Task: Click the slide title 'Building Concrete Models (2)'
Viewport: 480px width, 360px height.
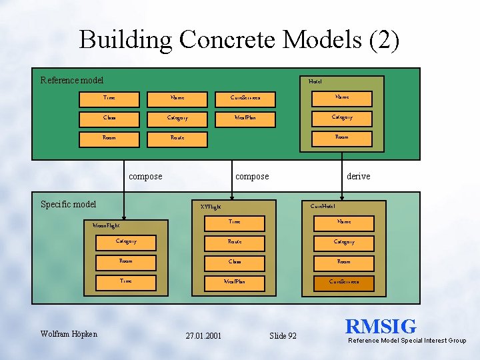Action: click(239, 39)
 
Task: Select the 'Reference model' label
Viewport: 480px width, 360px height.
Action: click(72, 81)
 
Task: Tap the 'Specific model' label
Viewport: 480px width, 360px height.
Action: click(69, 204)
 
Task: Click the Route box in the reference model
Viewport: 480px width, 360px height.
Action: click(177, 137)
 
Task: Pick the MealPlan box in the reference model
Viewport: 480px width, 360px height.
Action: click(245, 118)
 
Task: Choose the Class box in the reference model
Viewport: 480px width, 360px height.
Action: click(109, 118)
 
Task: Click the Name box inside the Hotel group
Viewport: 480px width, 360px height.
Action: click(342, 97)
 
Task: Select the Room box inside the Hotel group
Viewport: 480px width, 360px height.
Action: click(342, 137)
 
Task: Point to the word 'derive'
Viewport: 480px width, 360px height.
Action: click(359, 176)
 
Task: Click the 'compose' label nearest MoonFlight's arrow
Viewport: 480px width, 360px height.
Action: click(145, 176)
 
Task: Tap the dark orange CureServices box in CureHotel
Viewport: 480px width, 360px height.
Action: click(344, 282)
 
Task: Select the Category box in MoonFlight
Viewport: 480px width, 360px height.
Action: click(126, 241)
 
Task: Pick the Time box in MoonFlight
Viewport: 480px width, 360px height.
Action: click(126, 281)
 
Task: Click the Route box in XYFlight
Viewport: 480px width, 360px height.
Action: click(235, 242)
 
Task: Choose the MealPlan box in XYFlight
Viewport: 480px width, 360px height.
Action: click(235, 282)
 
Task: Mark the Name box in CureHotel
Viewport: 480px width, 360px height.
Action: click(344, 222)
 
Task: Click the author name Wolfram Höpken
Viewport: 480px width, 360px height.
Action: click(69, 333)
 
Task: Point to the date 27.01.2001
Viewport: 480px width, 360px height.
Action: click(203, 335)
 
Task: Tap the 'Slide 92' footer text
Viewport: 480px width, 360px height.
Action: click(283, 335)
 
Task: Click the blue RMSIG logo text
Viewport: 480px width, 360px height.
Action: click(381, 326)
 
